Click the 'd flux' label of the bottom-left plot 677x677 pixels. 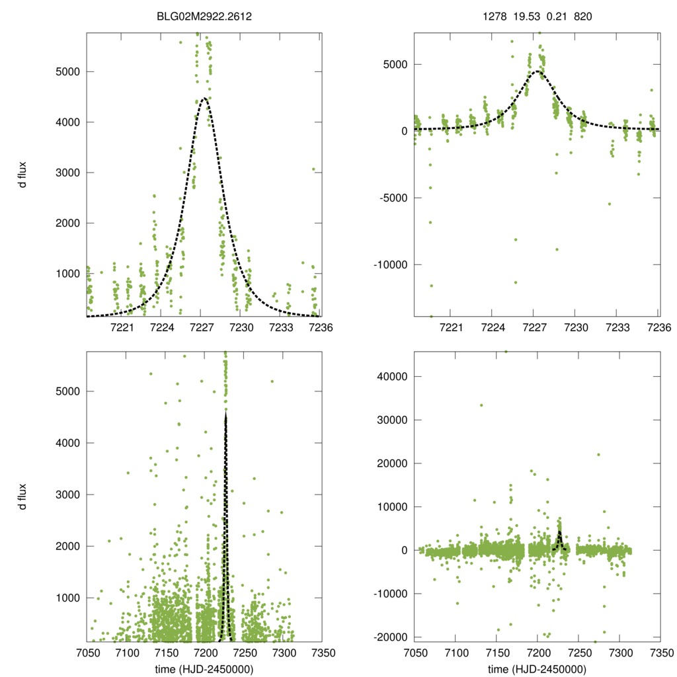[23, 497]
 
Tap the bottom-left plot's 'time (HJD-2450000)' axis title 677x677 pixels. [204, 669]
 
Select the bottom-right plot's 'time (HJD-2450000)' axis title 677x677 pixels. [537, 669]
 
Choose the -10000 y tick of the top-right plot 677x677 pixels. [386, 265]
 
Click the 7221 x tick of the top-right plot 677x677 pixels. [450, 327]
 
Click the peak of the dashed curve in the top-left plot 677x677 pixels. [204, 99]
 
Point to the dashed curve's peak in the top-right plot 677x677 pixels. [538, 71]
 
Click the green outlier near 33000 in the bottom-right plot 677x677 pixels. [481, 405]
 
